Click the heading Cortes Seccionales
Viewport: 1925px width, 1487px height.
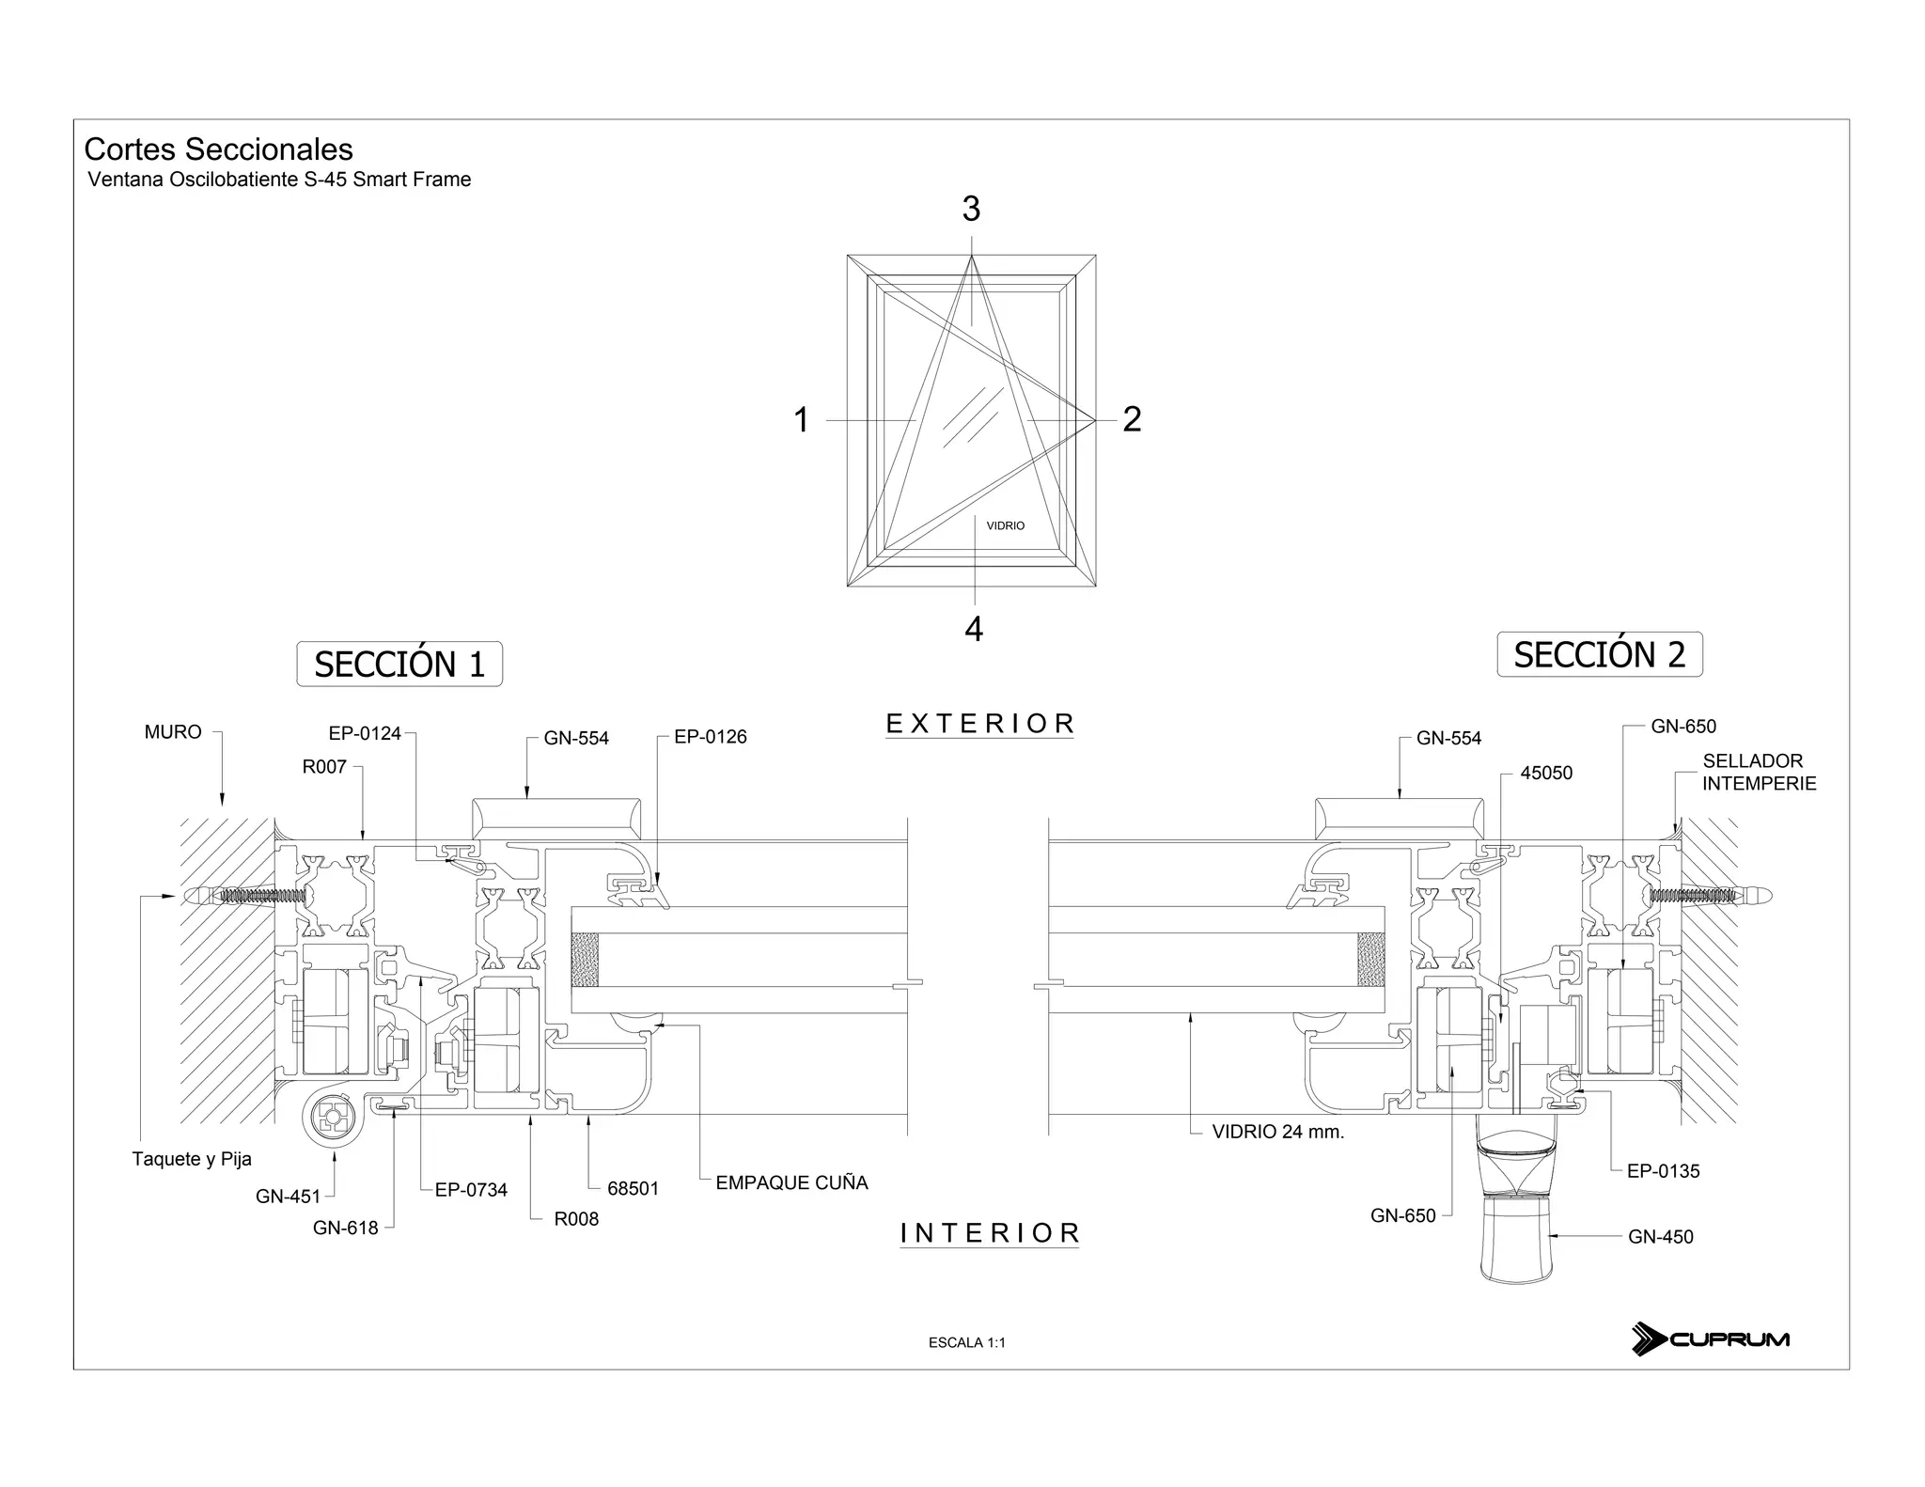218,149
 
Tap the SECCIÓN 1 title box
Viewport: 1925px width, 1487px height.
399,665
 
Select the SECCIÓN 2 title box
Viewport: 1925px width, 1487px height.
1599,654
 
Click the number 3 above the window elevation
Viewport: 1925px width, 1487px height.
971,209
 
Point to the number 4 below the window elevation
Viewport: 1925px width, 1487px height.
974,629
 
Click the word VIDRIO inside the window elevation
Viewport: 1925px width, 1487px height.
1005,525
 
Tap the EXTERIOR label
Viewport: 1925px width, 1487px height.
979,724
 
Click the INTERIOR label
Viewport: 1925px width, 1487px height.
990,1233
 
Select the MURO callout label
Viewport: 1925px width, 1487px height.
173,732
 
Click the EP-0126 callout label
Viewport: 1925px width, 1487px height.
711,737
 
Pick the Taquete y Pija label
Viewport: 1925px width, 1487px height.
192,1159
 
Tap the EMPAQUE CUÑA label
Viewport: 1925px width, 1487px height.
791,1182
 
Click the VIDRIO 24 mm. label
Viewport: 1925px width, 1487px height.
1277,1132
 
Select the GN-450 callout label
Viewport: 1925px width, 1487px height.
1660,1237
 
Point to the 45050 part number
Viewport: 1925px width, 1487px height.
1546,774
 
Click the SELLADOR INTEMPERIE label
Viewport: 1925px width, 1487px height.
1759,772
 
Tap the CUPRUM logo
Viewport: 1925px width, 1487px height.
1711,1338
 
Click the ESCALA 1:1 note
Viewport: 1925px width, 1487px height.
966,1342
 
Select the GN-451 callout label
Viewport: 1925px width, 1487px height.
288,1197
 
